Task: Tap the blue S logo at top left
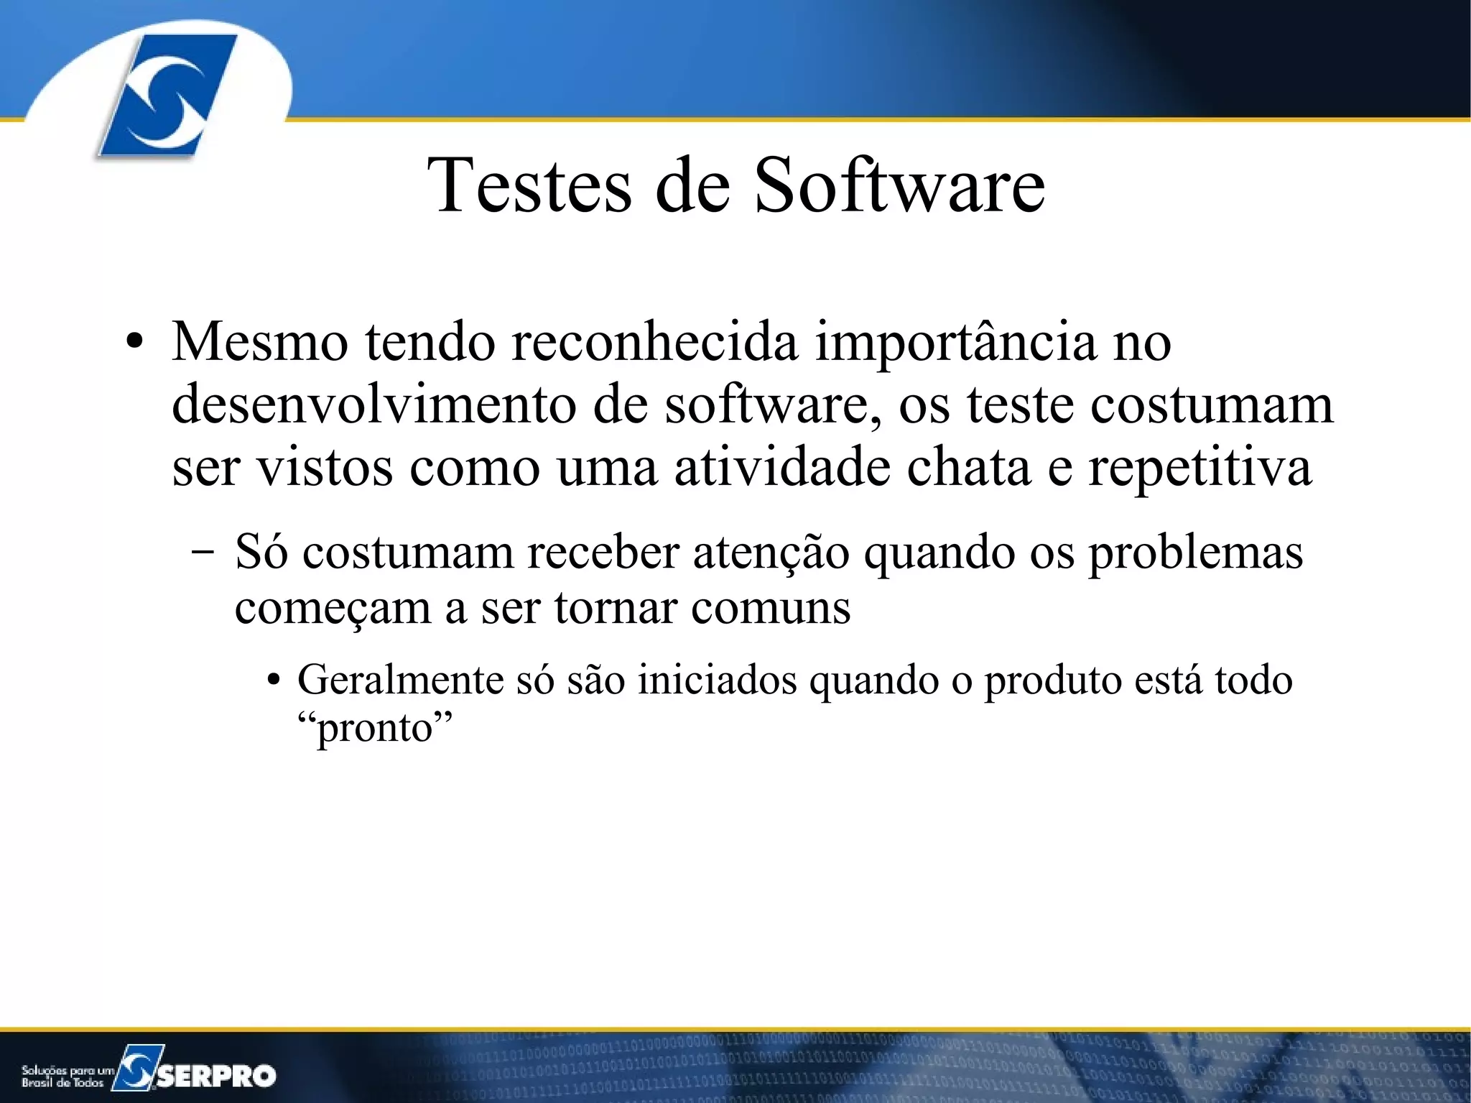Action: pos(167,95)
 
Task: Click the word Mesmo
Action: pos(260,342)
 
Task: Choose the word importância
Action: pos(955,343)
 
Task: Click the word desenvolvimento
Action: pos(373,405)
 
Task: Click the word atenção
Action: pos(771,553)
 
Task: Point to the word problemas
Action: pos(1195,553)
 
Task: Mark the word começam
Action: pos(332,609)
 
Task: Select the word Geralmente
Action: pos(400,680)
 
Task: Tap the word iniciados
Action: pos(717,680)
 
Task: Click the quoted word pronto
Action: pos(375,729)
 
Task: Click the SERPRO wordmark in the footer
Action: pos(216,1075)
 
